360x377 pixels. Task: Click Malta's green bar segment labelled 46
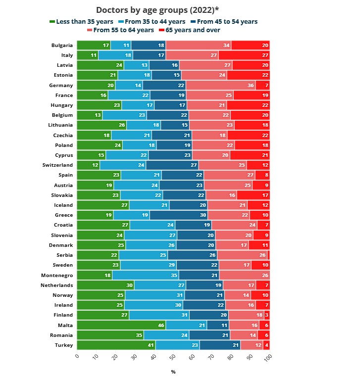(x=121, y=325)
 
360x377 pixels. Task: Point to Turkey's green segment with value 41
(x=116, y=345)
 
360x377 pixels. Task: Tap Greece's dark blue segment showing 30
(x=179, y=215)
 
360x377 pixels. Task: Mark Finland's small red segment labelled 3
(x=266, y=315)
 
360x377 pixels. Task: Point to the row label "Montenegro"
(x=57, y=275)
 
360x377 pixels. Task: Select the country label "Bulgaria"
(x=62, y=46)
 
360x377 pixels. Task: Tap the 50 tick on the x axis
(x=173, y=356)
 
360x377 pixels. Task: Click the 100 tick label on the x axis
(x=268, y=357)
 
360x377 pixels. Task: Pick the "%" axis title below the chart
(x=173, y=372)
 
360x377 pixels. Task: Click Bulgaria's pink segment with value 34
(x=198, y=46)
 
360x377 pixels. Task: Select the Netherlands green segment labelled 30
(x=106, y=285)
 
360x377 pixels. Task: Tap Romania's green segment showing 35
(x=110, y=335)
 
